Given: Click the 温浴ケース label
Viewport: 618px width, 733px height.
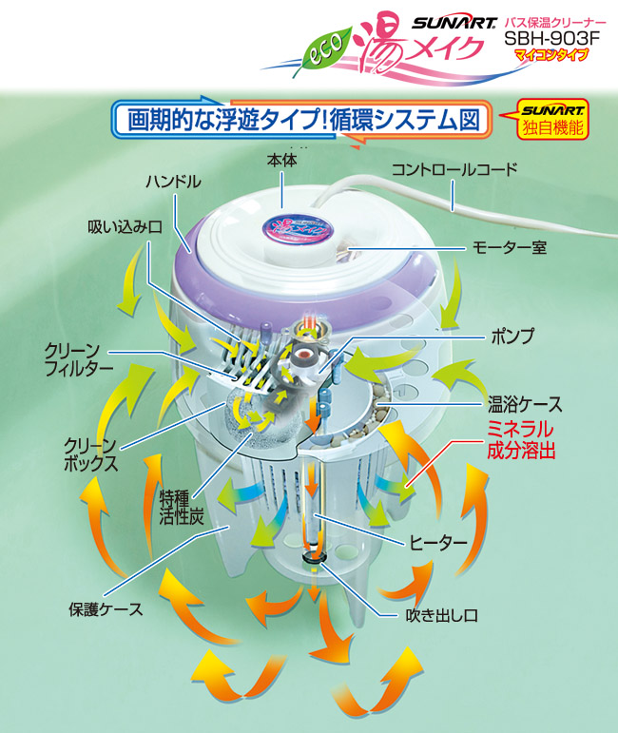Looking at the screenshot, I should coord(526,401).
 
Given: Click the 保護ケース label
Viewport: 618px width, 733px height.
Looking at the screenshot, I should coord(106,608).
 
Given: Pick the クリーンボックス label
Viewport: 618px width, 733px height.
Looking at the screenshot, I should coord(91,454).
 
